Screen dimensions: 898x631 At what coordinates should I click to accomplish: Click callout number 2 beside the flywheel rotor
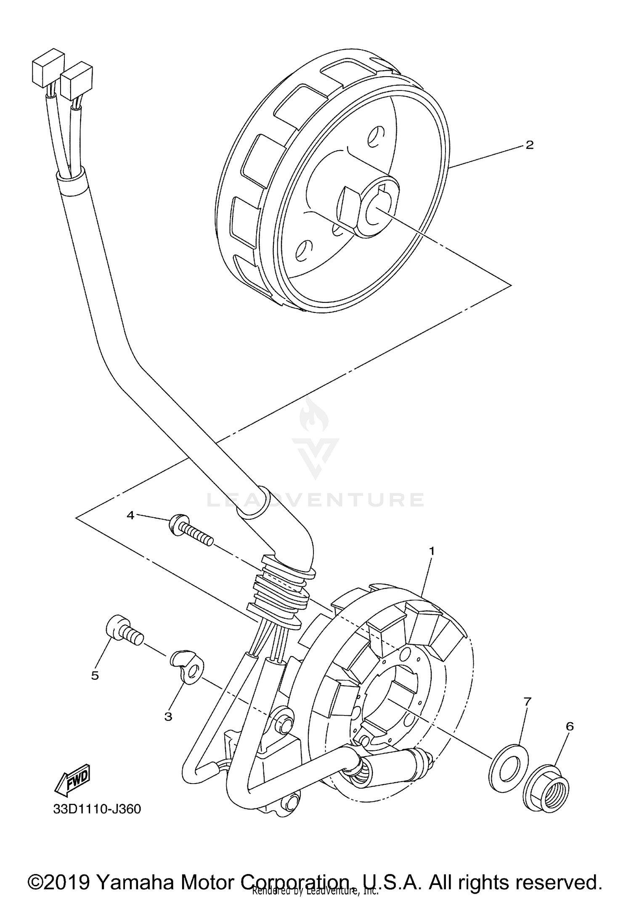(x=529, y=145)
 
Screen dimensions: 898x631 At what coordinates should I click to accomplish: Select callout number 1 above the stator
(x=431, y=551)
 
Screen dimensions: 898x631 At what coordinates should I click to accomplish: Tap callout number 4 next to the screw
(x=130, y=515)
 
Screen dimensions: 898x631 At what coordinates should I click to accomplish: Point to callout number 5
(x=95, y=675)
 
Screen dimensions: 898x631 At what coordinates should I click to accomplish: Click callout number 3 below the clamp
(x=168, y=716)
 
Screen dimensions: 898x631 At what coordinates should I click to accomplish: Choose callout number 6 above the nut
(x=570, y=726)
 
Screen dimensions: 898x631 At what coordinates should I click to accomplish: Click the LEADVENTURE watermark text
(x=315, y=500)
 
